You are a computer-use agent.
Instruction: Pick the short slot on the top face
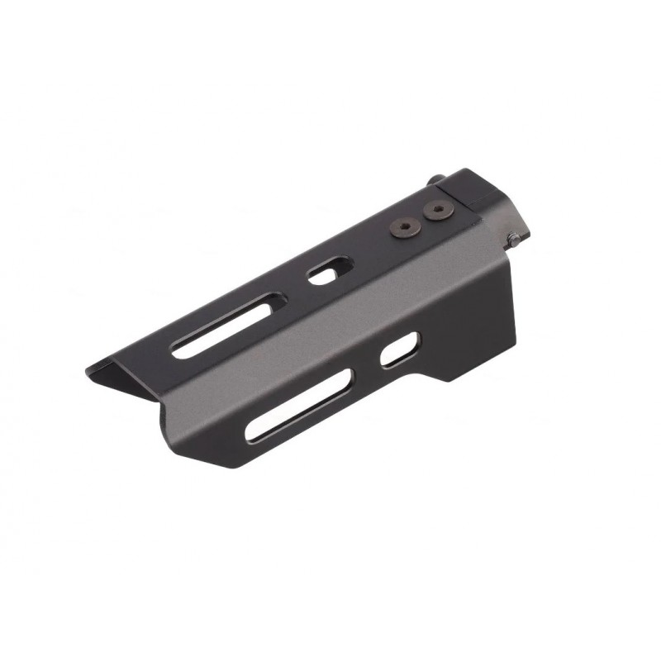pyautogui.click(x=329, y=270)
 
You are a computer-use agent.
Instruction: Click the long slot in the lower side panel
pyautogui.click(x=299, y=405)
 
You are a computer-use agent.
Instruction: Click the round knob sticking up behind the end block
pyautogui.click(x=437, y=178)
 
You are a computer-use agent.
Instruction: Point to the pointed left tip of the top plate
pyautogui.click(x=89, y=372)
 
